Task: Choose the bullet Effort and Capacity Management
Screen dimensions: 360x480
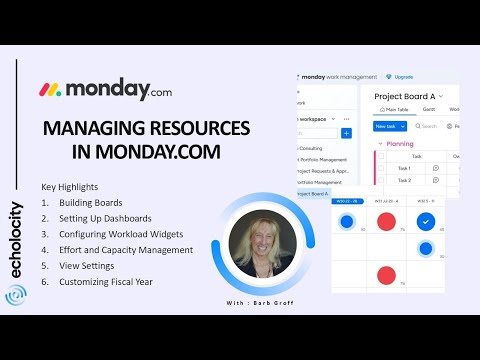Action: click(130, 250)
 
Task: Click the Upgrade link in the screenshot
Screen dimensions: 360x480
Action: click(404, 76)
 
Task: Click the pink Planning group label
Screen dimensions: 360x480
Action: click(401, 144)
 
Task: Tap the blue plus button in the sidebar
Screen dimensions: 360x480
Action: click(346, 133)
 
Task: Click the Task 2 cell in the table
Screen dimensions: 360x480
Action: click(404, 181)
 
